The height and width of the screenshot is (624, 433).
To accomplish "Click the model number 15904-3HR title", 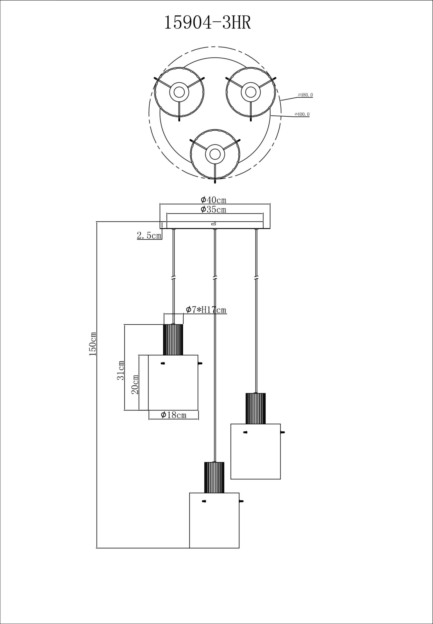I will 207,23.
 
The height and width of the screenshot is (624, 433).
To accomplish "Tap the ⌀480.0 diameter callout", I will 305,95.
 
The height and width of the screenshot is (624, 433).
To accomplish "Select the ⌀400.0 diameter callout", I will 302,114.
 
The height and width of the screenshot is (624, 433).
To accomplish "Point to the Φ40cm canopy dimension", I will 213,200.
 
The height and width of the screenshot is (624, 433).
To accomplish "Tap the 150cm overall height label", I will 93,344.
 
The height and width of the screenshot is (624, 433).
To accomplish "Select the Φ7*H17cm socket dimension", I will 206,310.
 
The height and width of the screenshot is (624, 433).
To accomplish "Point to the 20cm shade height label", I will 135,384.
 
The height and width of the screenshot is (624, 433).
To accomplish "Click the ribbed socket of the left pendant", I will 173,340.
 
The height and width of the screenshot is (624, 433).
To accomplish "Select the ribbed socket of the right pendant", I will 255,408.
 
